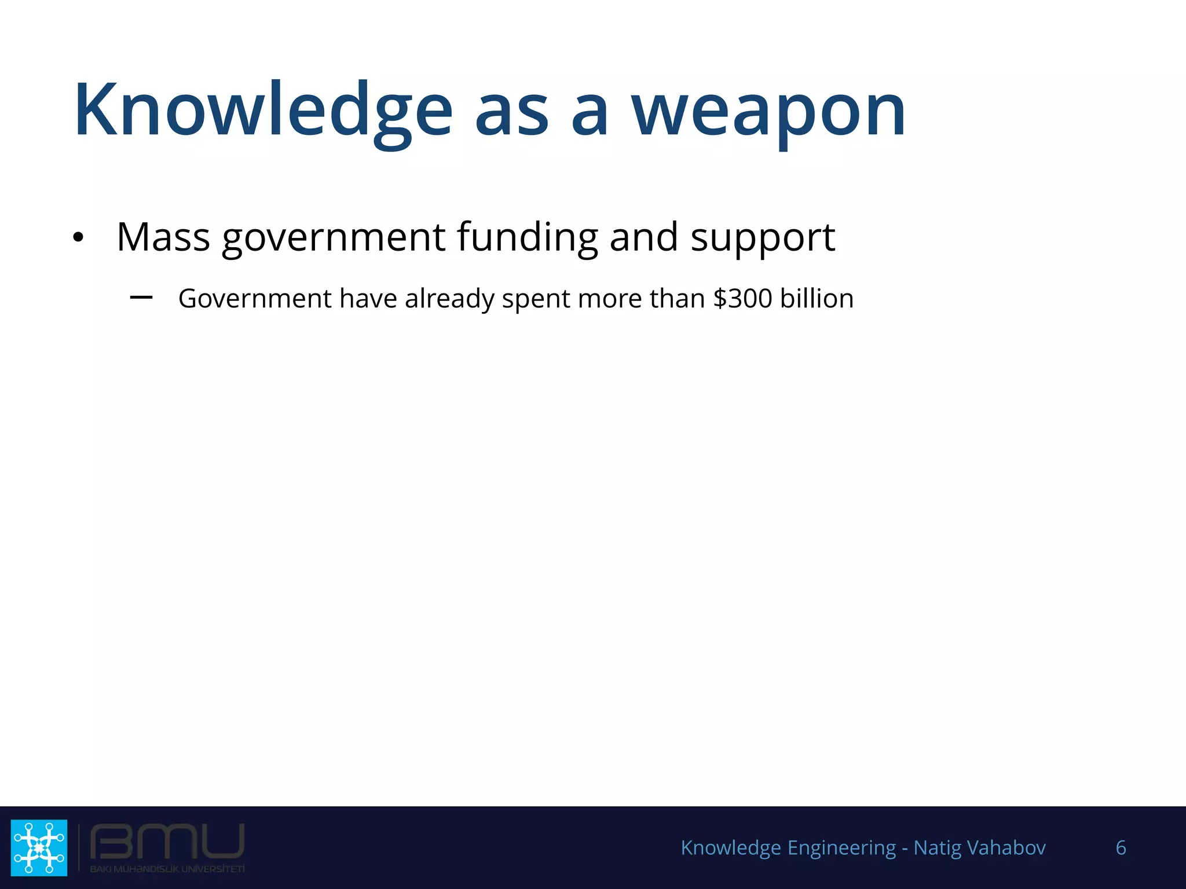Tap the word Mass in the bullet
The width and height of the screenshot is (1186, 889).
pos(163,237)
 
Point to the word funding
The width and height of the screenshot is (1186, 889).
pos(527,237)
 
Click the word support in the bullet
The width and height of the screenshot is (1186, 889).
pos(763,238)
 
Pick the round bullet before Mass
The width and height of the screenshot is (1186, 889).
pos(78,237)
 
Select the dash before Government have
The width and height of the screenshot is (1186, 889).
pos(141,297)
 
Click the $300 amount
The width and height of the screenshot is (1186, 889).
pos(742,299)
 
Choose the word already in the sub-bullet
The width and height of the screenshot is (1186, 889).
pos(449,299)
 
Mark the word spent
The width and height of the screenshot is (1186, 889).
pos(536,299)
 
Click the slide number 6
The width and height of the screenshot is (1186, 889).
pos(1121,848)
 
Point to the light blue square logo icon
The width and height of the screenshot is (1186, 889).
pos(39,847)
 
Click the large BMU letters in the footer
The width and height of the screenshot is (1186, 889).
pos(167,842)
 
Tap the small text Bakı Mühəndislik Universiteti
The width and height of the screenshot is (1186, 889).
pos(167,869)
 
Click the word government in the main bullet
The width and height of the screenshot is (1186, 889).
pos(334,238)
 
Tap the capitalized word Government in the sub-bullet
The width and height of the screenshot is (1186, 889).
pos(255,299)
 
